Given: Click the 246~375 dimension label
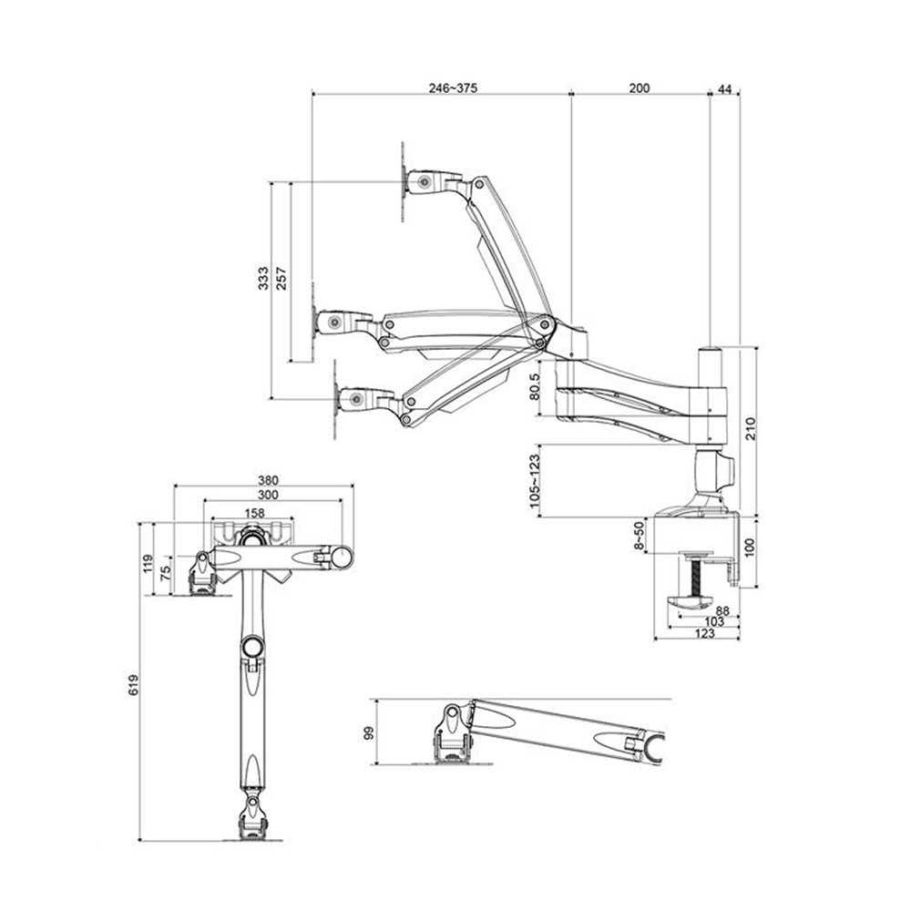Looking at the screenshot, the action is pos(453,87).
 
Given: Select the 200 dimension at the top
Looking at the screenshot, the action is pos(640,87).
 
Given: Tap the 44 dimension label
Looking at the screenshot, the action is pos(725,89).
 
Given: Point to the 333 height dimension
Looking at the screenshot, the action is pos(263,278).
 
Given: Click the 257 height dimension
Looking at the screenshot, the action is pos(281,278).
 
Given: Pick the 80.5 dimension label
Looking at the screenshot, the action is pos(535,387).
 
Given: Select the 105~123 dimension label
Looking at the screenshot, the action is pos(535,481).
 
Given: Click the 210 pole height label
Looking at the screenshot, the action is pos(750,429).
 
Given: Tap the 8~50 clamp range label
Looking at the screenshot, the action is pos(639,536).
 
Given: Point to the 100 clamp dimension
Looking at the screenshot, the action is pos(749,548).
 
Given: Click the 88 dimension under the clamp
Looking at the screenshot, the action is pos(722,610).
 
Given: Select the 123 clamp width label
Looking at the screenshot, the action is pos(705,633).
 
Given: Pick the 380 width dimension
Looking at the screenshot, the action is pos(268,480).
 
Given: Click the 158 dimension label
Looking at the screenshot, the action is pos(254,512).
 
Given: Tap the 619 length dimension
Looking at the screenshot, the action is pos(134,685).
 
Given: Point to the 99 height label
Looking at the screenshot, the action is pos(368,733).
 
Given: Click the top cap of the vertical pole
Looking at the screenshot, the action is pos(710,351).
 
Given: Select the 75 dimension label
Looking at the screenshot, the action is pos(166,573).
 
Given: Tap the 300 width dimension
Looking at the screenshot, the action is pos(268,495).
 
